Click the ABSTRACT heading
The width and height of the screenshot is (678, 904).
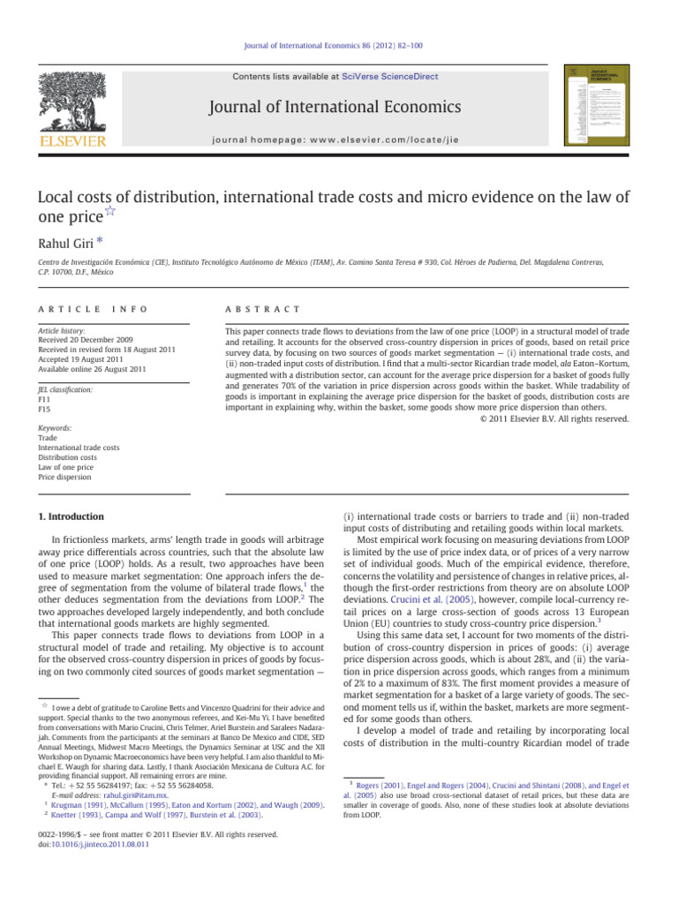(255, 310)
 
